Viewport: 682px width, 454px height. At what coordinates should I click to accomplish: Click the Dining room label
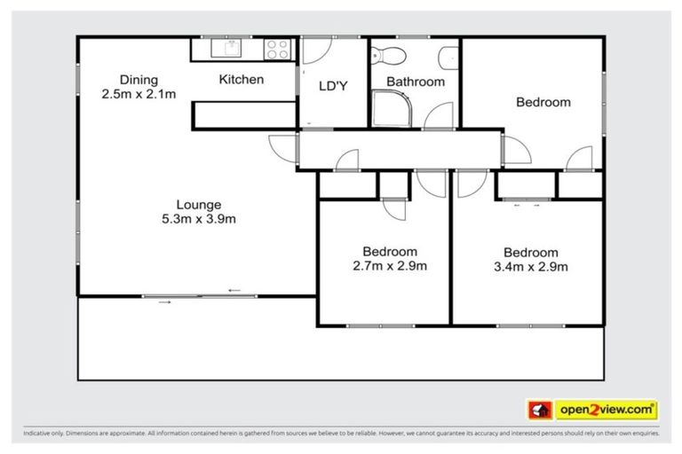coord(119,79)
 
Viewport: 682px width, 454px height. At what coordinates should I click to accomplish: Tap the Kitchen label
coord(241,80)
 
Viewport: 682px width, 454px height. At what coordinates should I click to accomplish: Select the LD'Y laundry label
coord(332,85)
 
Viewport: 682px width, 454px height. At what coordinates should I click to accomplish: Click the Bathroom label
coord(415,82)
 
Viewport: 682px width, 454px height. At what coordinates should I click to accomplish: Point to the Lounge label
coord(198,204)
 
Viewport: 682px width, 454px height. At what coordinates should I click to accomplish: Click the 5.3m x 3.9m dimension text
coord(198,218)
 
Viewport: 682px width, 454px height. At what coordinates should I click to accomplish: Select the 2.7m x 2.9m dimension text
coord(389,265)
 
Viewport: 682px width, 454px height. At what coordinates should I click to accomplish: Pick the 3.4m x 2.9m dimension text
coord(531,266)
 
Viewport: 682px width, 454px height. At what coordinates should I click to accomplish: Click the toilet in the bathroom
coord(388,55)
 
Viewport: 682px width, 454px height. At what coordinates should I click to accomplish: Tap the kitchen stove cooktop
coord(277,49)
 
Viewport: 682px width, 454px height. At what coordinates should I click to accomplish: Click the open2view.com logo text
coord(607,410)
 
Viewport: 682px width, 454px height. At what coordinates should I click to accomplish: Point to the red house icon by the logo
coord(539,410)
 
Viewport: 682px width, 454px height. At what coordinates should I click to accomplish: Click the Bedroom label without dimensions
coord(543,102)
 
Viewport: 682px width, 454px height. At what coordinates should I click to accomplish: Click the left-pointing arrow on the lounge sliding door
coord(234,290)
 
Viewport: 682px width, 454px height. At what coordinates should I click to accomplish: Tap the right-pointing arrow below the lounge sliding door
coord(165,302)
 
